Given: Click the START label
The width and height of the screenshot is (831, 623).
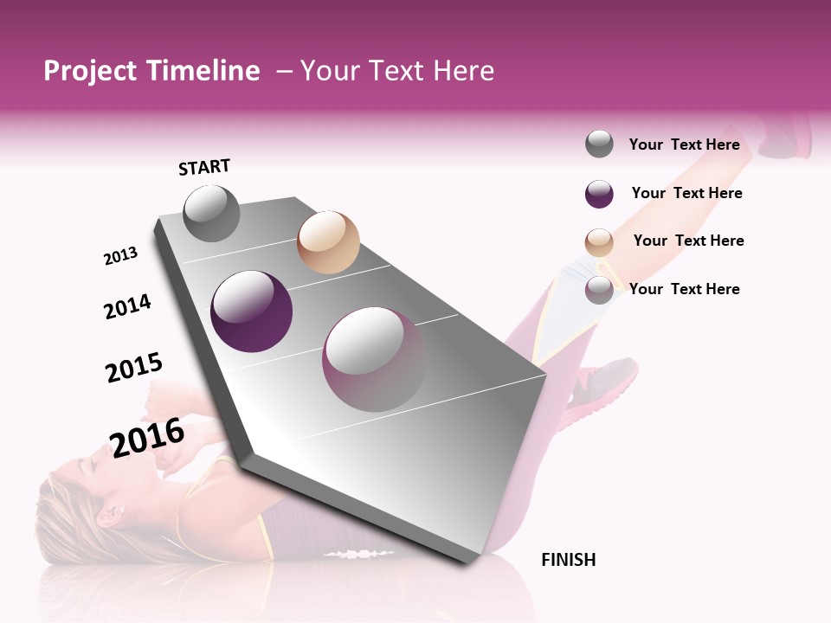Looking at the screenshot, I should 204,167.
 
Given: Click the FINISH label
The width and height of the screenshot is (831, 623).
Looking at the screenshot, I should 569,560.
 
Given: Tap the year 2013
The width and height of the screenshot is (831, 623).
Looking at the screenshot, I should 120,256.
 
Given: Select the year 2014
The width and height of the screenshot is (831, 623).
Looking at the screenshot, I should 127,306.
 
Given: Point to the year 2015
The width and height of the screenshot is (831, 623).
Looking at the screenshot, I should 134,368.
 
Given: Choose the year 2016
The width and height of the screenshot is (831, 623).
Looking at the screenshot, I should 147,436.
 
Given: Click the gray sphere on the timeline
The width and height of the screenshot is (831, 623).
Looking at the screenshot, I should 211,213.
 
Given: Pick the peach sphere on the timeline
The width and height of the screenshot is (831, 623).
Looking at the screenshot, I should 328,242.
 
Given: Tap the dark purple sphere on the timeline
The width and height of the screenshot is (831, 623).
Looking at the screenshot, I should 252,311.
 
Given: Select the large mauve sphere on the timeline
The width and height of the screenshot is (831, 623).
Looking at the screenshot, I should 375,359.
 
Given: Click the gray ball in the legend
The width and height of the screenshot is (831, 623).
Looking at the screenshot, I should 599,145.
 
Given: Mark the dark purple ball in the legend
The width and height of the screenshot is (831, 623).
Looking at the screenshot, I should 599,194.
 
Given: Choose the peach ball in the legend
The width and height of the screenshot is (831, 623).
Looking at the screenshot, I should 599,242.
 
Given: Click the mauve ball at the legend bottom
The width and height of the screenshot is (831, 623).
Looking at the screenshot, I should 599,290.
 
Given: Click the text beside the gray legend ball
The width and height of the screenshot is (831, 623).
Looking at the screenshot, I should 684,145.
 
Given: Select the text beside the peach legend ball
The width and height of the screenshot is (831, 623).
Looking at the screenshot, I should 688,241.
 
